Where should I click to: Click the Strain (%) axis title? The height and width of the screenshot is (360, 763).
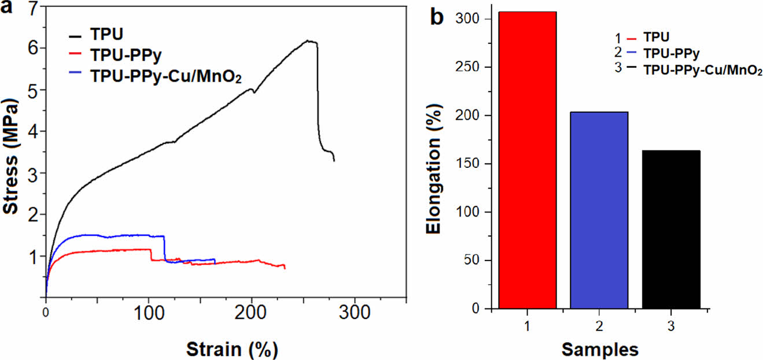tap(231, 349)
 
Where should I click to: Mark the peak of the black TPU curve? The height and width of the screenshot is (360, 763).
tap(310, 41)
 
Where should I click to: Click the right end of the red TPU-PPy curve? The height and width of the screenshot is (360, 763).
tap(285, 267)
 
